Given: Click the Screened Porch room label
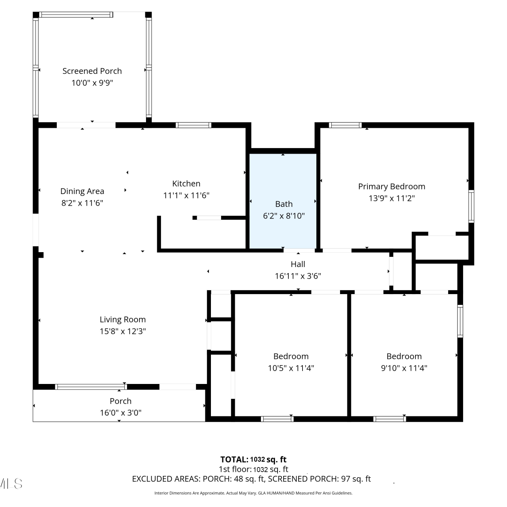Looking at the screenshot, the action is point(92,71).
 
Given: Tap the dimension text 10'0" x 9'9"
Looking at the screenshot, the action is point(92,83).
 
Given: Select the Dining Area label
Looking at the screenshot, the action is point(82,191).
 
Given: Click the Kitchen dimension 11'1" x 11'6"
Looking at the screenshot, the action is point(186,195).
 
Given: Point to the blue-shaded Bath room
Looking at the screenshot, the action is point(283,201).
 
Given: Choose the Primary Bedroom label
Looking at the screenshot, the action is point(392,187).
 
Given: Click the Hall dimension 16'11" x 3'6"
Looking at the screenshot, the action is point(298,276).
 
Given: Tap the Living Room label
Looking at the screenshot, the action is point(123,320).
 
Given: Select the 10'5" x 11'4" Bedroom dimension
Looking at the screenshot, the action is point(291,368).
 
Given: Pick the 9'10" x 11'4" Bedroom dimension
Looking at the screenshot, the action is point(404,368).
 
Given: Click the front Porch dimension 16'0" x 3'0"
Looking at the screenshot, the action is point(121,413).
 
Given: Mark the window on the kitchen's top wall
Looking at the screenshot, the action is point(193,125).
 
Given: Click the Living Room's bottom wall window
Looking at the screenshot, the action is point(91,387).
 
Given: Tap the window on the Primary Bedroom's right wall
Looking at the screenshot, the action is point(471,206).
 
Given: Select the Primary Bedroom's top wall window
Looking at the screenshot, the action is point(345,125).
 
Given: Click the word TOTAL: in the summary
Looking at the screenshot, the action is point(234,460).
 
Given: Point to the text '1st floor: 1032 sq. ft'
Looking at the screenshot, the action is point(254,469).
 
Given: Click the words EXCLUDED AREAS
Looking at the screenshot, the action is point(166,479).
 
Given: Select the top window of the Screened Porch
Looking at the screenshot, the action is point(76,15).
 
